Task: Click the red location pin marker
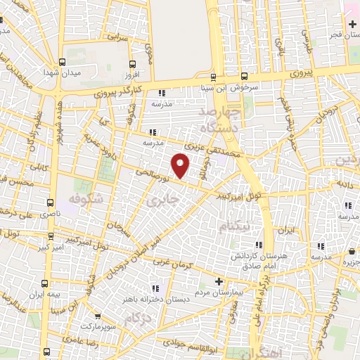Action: pyautogui.click(x=181, y=165)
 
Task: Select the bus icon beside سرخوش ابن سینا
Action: pyautogui.click(x=243, y=77)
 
